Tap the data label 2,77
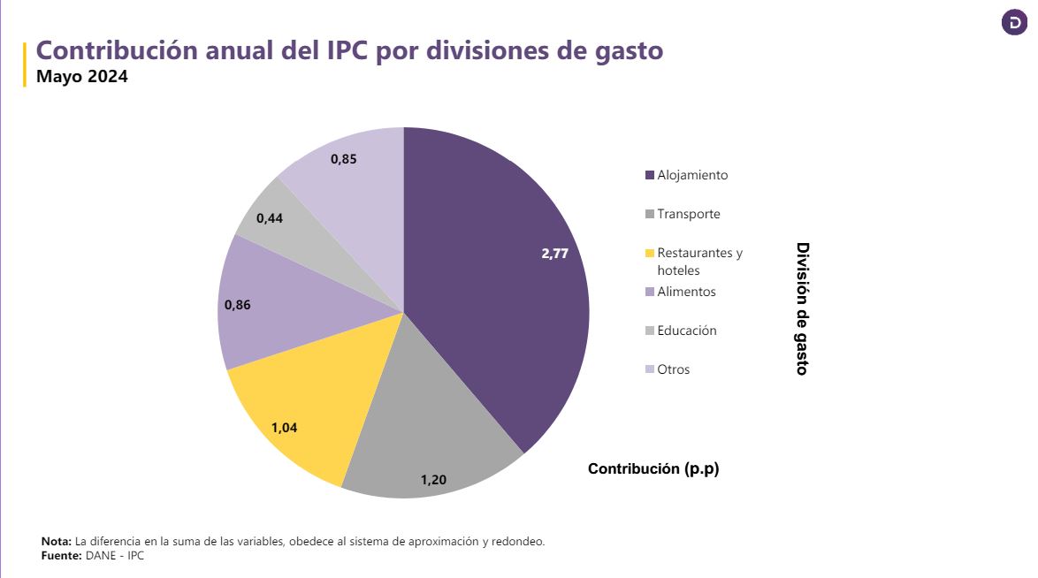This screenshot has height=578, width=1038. coord(554,254)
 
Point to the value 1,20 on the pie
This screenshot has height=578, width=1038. coord(433,480)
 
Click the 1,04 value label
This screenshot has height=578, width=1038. coord(284,428)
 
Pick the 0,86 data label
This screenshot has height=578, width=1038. coord(238,305)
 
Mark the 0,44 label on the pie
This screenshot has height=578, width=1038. coord(270,217)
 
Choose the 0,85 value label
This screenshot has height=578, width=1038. coord(344,159)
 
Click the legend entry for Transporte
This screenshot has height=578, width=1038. coord(689,214)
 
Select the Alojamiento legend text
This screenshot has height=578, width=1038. coord(692,175)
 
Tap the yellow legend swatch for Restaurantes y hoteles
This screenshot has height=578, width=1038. coord(651,254)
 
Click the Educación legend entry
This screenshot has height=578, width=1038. coord(687,331)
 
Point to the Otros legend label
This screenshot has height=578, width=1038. coord(673,369)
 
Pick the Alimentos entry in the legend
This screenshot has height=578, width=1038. coord(686,292)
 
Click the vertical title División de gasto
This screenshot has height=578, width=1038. coord(802,308)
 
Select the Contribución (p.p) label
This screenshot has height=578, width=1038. coord(653,469)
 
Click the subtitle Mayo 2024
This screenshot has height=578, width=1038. coord(82,77)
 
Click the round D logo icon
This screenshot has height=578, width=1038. coord(1014,23)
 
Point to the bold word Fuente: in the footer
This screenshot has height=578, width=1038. coord(61,556)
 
